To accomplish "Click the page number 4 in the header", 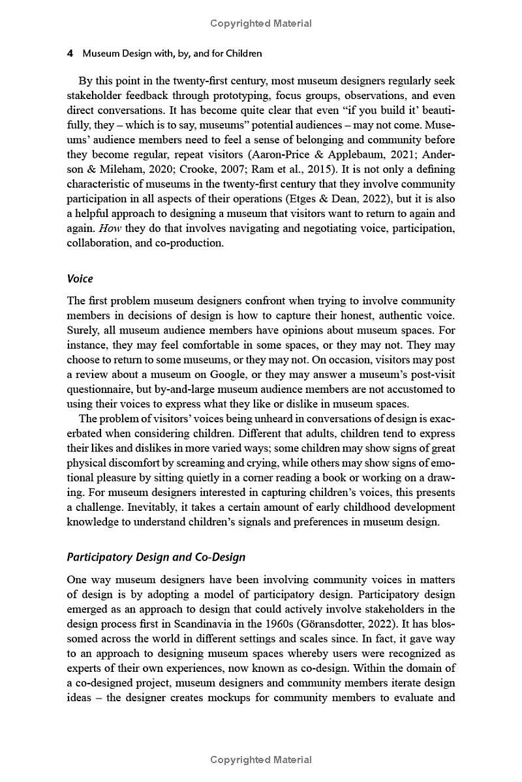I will (70, 53).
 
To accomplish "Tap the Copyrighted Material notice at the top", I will (261, 23).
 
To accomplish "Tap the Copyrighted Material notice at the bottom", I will (261, 760).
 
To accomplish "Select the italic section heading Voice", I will (80, 279).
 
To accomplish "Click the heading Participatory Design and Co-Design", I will (157, 557).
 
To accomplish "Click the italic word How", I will (106, 228).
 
